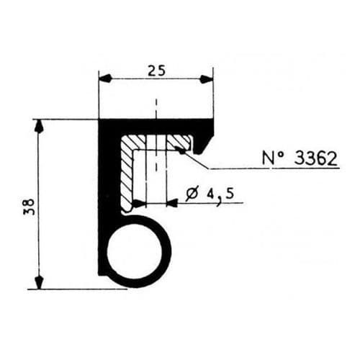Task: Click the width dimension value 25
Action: [x=155, y=70]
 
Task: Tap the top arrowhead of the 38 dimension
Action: [x=40, y=127]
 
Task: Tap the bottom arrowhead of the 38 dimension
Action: [x=40, y=281]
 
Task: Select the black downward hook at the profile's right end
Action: [x=204, y=140]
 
